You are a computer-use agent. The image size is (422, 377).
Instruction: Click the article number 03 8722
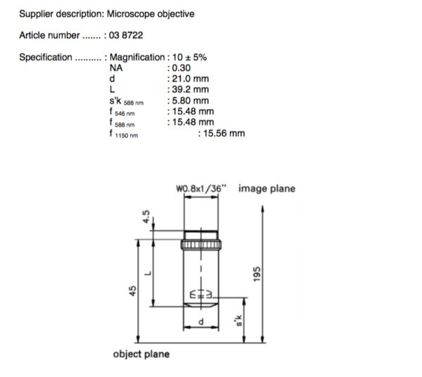(126, 35)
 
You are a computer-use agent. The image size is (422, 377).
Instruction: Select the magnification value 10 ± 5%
(189, 57)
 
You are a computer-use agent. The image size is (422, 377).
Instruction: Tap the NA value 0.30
(181, 68)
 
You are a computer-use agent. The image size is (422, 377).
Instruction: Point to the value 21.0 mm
(191, 79)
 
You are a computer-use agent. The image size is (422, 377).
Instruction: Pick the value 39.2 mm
(191, 89)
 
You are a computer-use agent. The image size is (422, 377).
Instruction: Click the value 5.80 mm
(191, 101)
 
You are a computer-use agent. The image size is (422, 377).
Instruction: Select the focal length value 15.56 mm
(224, 133)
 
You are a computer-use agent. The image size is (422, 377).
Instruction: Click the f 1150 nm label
(124, 134)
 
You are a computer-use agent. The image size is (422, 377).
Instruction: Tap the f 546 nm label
(122, 112)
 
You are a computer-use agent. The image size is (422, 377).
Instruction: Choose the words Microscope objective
(151, 14)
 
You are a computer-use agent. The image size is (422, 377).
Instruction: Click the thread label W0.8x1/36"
(201, 188)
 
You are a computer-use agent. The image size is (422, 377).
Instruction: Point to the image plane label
(267, 188)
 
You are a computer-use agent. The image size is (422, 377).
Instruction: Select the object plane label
(141, 354)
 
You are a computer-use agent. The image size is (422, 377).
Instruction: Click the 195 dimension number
(257, 274)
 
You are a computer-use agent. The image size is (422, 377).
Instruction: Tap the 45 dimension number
(132, 291)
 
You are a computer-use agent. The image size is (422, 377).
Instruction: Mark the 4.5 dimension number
(146, 217)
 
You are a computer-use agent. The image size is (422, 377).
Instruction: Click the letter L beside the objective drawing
(148, 274)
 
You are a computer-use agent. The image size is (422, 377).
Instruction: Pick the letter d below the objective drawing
(200, 321)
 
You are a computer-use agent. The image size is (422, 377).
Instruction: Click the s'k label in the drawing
(238, 321)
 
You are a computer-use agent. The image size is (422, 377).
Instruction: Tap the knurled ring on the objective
(201, 245)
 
